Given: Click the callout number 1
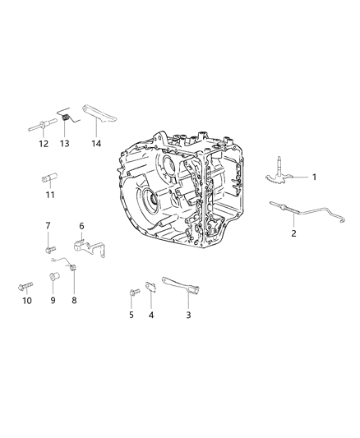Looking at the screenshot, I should [x=312, y=178].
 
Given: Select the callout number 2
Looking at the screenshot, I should [x=294, y=233].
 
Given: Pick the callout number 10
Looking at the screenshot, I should [x=26, y=302].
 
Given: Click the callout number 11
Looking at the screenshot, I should [x=49, y=195].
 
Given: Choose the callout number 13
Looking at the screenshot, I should [x=67, y=143].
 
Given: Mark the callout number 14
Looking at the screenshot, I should [x=97, y=143].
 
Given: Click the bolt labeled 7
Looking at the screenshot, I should [x=49, y=243].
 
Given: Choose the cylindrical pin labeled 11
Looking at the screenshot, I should [x=48, y=177].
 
